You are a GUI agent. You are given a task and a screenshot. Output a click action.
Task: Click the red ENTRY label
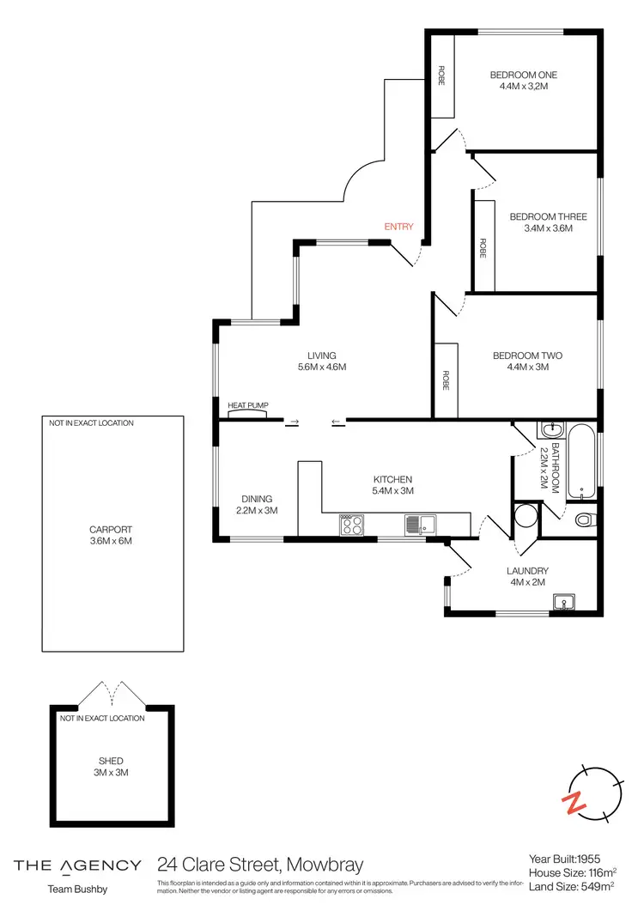click(398, 227)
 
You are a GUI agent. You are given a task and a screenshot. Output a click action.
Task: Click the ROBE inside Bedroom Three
click(483, 248)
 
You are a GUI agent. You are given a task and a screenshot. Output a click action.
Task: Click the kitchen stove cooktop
click(352, 524)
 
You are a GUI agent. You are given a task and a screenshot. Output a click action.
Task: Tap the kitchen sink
click(422, 524)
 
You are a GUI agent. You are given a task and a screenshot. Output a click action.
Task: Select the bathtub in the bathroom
click(582, 461)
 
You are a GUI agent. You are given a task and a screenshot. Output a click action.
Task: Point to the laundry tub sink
click(563, 602)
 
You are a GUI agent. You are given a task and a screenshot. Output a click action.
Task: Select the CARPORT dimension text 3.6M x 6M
click(111, 541)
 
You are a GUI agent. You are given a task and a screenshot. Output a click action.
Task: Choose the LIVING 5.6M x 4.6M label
click(322, 361)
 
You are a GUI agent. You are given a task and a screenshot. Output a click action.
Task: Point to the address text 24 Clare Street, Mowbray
click(260, 865)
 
